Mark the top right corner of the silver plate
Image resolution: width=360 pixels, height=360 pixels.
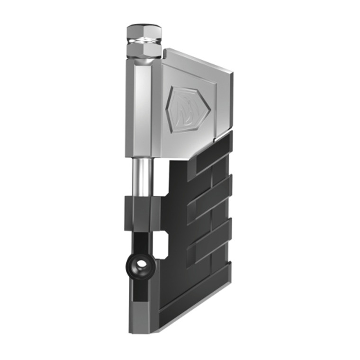pos(231,73)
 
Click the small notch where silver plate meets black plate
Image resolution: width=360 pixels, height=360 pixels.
pos(216,140)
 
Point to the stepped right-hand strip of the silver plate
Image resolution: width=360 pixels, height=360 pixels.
pos(224,104)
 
